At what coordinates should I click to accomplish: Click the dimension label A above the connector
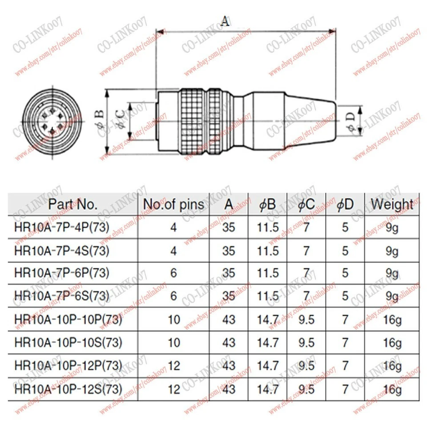(x=226, y=21)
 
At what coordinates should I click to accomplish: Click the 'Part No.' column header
(x=73, y=205)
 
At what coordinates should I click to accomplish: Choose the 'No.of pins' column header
(x=173, y=205)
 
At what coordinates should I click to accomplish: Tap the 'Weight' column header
(x=391, y=205)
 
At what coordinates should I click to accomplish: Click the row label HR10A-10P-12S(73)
(x=68, y=389)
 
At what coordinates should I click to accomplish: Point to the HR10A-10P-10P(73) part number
(x=68, y=319)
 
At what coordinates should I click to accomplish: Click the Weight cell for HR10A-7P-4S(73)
(x=391, y=251)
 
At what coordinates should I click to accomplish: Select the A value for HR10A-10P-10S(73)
(x=229, y=342)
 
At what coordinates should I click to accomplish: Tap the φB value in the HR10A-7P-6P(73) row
(x=268, y=273)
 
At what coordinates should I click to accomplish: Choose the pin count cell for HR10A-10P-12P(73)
(x=174, y=366)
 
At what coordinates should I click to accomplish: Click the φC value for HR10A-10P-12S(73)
(x=306, y=389)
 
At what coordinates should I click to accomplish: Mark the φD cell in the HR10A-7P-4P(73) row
(x=345, y=228)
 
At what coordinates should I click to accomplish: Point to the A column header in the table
(x=229, y=205)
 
